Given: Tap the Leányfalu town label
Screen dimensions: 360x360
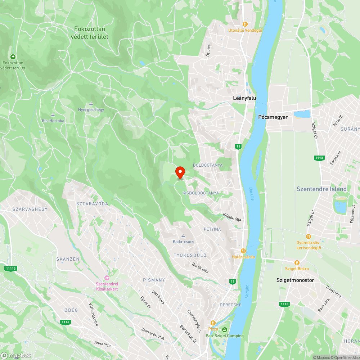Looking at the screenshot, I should (244, 98).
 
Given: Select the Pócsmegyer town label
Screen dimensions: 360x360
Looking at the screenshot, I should (273, 117).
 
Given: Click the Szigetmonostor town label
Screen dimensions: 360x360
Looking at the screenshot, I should (295, 280).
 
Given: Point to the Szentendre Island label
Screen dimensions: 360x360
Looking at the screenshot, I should (321, 189).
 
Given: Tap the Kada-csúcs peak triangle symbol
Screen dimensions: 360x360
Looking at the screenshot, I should (183, 235).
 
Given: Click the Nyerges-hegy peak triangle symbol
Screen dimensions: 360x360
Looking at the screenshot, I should (91, 104).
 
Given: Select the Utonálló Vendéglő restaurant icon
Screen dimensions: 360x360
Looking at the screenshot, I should (245, 24).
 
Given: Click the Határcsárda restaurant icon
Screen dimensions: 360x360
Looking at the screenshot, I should (243, 251).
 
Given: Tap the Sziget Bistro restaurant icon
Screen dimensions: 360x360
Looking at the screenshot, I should (297, 262).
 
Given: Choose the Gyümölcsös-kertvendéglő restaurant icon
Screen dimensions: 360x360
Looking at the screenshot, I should (309, 236).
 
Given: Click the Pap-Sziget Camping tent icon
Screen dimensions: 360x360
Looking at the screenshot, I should (225, 330).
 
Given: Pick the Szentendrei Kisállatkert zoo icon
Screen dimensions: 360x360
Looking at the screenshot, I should (107, 278).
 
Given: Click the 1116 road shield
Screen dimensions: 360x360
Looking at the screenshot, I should (65, 322).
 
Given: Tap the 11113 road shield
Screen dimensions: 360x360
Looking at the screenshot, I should (11, 269).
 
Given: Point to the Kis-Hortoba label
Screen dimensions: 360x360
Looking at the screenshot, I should (53, 121).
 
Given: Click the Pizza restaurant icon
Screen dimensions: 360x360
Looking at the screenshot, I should (213, 323).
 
